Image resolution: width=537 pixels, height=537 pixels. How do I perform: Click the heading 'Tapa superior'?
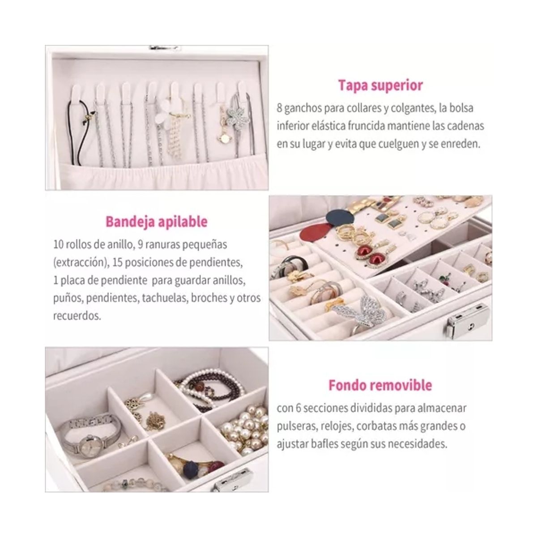click(380, 85)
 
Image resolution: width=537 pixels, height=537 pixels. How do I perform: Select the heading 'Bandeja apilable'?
click(156, 222)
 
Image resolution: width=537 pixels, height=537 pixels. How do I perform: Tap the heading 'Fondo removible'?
click(380, 385)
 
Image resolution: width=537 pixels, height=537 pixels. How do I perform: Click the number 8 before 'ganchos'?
click(279, 108)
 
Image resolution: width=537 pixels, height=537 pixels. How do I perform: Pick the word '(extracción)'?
click(79, 263)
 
